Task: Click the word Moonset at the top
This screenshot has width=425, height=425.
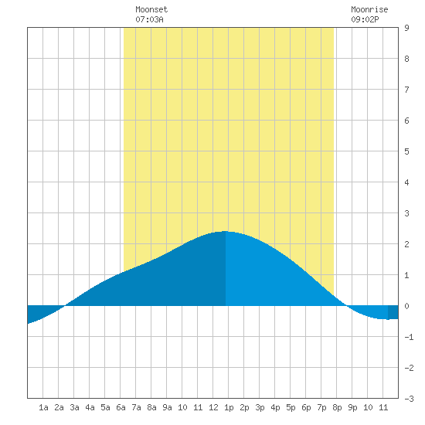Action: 151,9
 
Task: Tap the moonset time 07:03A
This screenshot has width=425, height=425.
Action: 149,19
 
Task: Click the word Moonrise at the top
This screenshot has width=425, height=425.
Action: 369,9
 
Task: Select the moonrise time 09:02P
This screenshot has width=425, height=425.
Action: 365,19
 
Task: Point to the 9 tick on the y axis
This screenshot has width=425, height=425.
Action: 406,28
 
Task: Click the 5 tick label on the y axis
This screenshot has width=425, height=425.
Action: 406,151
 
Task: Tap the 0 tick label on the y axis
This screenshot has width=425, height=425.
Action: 406,306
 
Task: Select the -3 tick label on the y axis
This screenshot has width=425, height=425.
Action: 409,399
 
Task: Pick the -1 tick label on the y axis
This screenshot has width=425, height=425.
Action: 409,337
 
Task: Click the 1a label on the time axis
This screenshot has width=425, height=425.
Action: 43,407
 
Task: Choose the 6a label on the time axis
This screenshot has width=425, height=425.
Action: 121,407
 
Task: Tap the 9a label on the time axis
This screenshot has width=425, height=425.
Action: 167,407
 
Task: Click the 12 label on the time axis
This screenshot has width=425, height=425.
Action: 213,407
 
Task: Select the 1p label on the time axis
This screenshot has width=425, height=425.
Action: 229,407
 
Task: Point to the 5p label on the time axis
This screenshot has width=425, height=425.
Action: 291,407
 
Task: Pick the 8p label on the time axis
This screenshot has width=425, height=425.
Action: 337,407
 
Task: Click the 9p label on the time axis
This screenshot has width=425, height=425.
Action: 352,407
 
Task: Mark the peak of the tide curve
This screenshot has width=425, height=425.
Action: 225,231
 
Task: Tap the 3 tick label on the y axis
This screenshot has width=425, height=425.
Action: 406,213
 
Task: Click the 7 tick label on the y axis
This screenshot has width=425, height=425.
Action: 406,90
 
